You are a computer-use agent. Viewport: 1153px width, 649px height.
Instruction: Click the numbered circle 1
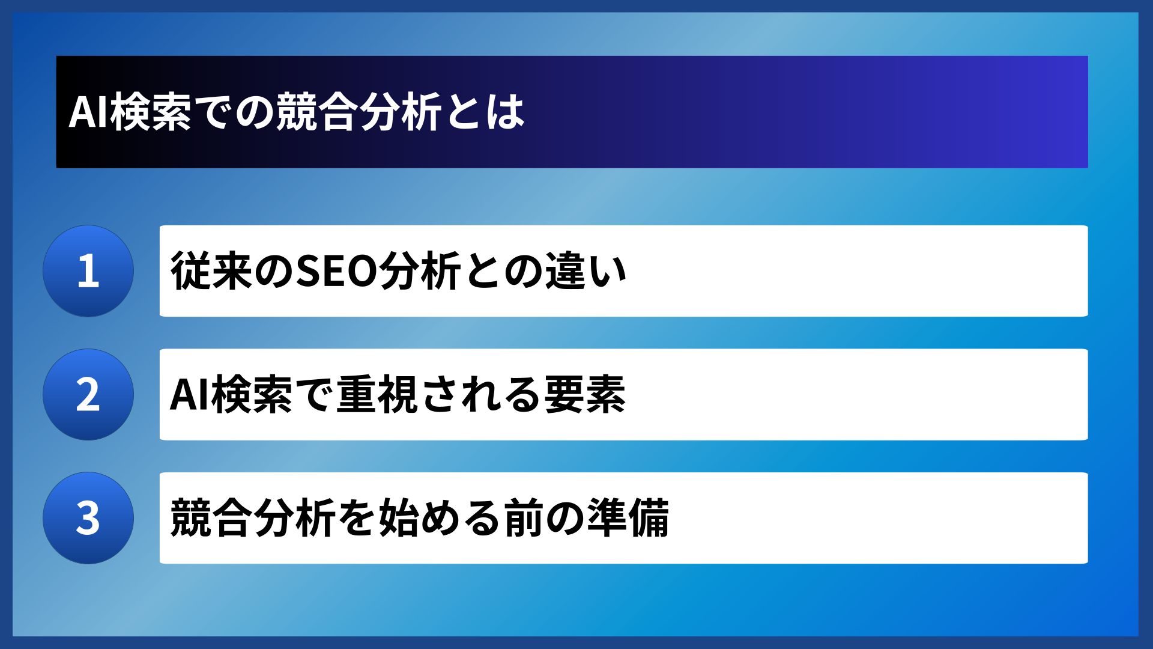pyautogui.click(x=88, y=271)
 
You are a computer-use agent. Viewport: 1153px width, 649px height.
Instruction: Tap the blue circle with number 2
pyautogui.click(x=88, y=395)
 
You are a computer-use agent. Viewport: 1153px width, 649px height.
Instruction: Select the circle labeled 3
pyautogui.click(x=88, y=518)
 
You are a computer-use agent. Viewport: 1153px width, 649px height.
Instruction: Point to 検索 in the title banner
pyautogui.click(x=151, y=112)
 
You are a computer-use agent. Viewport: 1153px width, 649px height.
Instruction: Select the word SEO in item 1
pyautogui.click(x=336, y=271)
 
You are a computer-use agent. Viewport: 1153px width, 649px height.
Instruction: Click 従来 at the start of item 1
pyautogui.click(x=211, y=271)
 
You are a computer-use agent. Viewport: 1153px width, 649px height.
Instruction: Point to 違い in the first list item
pyautogui.click(x=586, y=271)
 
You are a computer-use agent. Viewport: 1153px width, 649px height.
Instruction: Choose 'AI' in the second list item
pyautogui.click(x=189, y=395)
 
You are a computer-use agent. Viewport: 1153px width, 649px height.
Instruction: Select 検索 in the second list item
pyautogui.click(x=252, y=395)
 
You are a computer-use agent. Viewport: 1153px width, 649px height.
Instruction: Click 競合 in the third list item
pyautogui.click(x=211, y=518)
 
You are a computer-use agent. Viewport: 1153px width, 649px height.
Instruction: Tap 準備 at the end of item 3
pyautogui.click(x=628, y=518)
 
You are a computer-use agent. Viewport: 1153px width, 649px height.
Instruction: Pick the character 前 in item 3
pyautogui.click(x=524, y=518)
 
